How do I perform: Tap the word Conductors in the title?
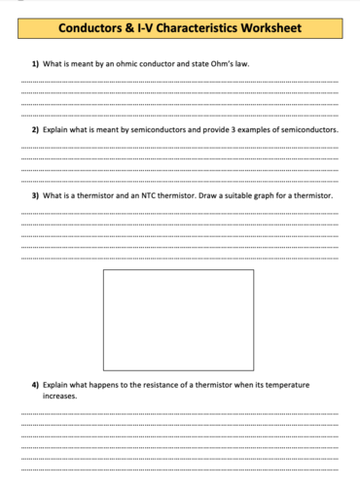90,30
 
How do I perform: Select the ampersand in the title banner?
129,30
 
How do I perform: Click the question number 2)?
36,129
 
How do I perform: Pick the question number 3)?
36,194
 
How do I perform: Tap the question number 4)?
36,385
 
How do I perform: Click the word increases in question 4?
59,396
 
